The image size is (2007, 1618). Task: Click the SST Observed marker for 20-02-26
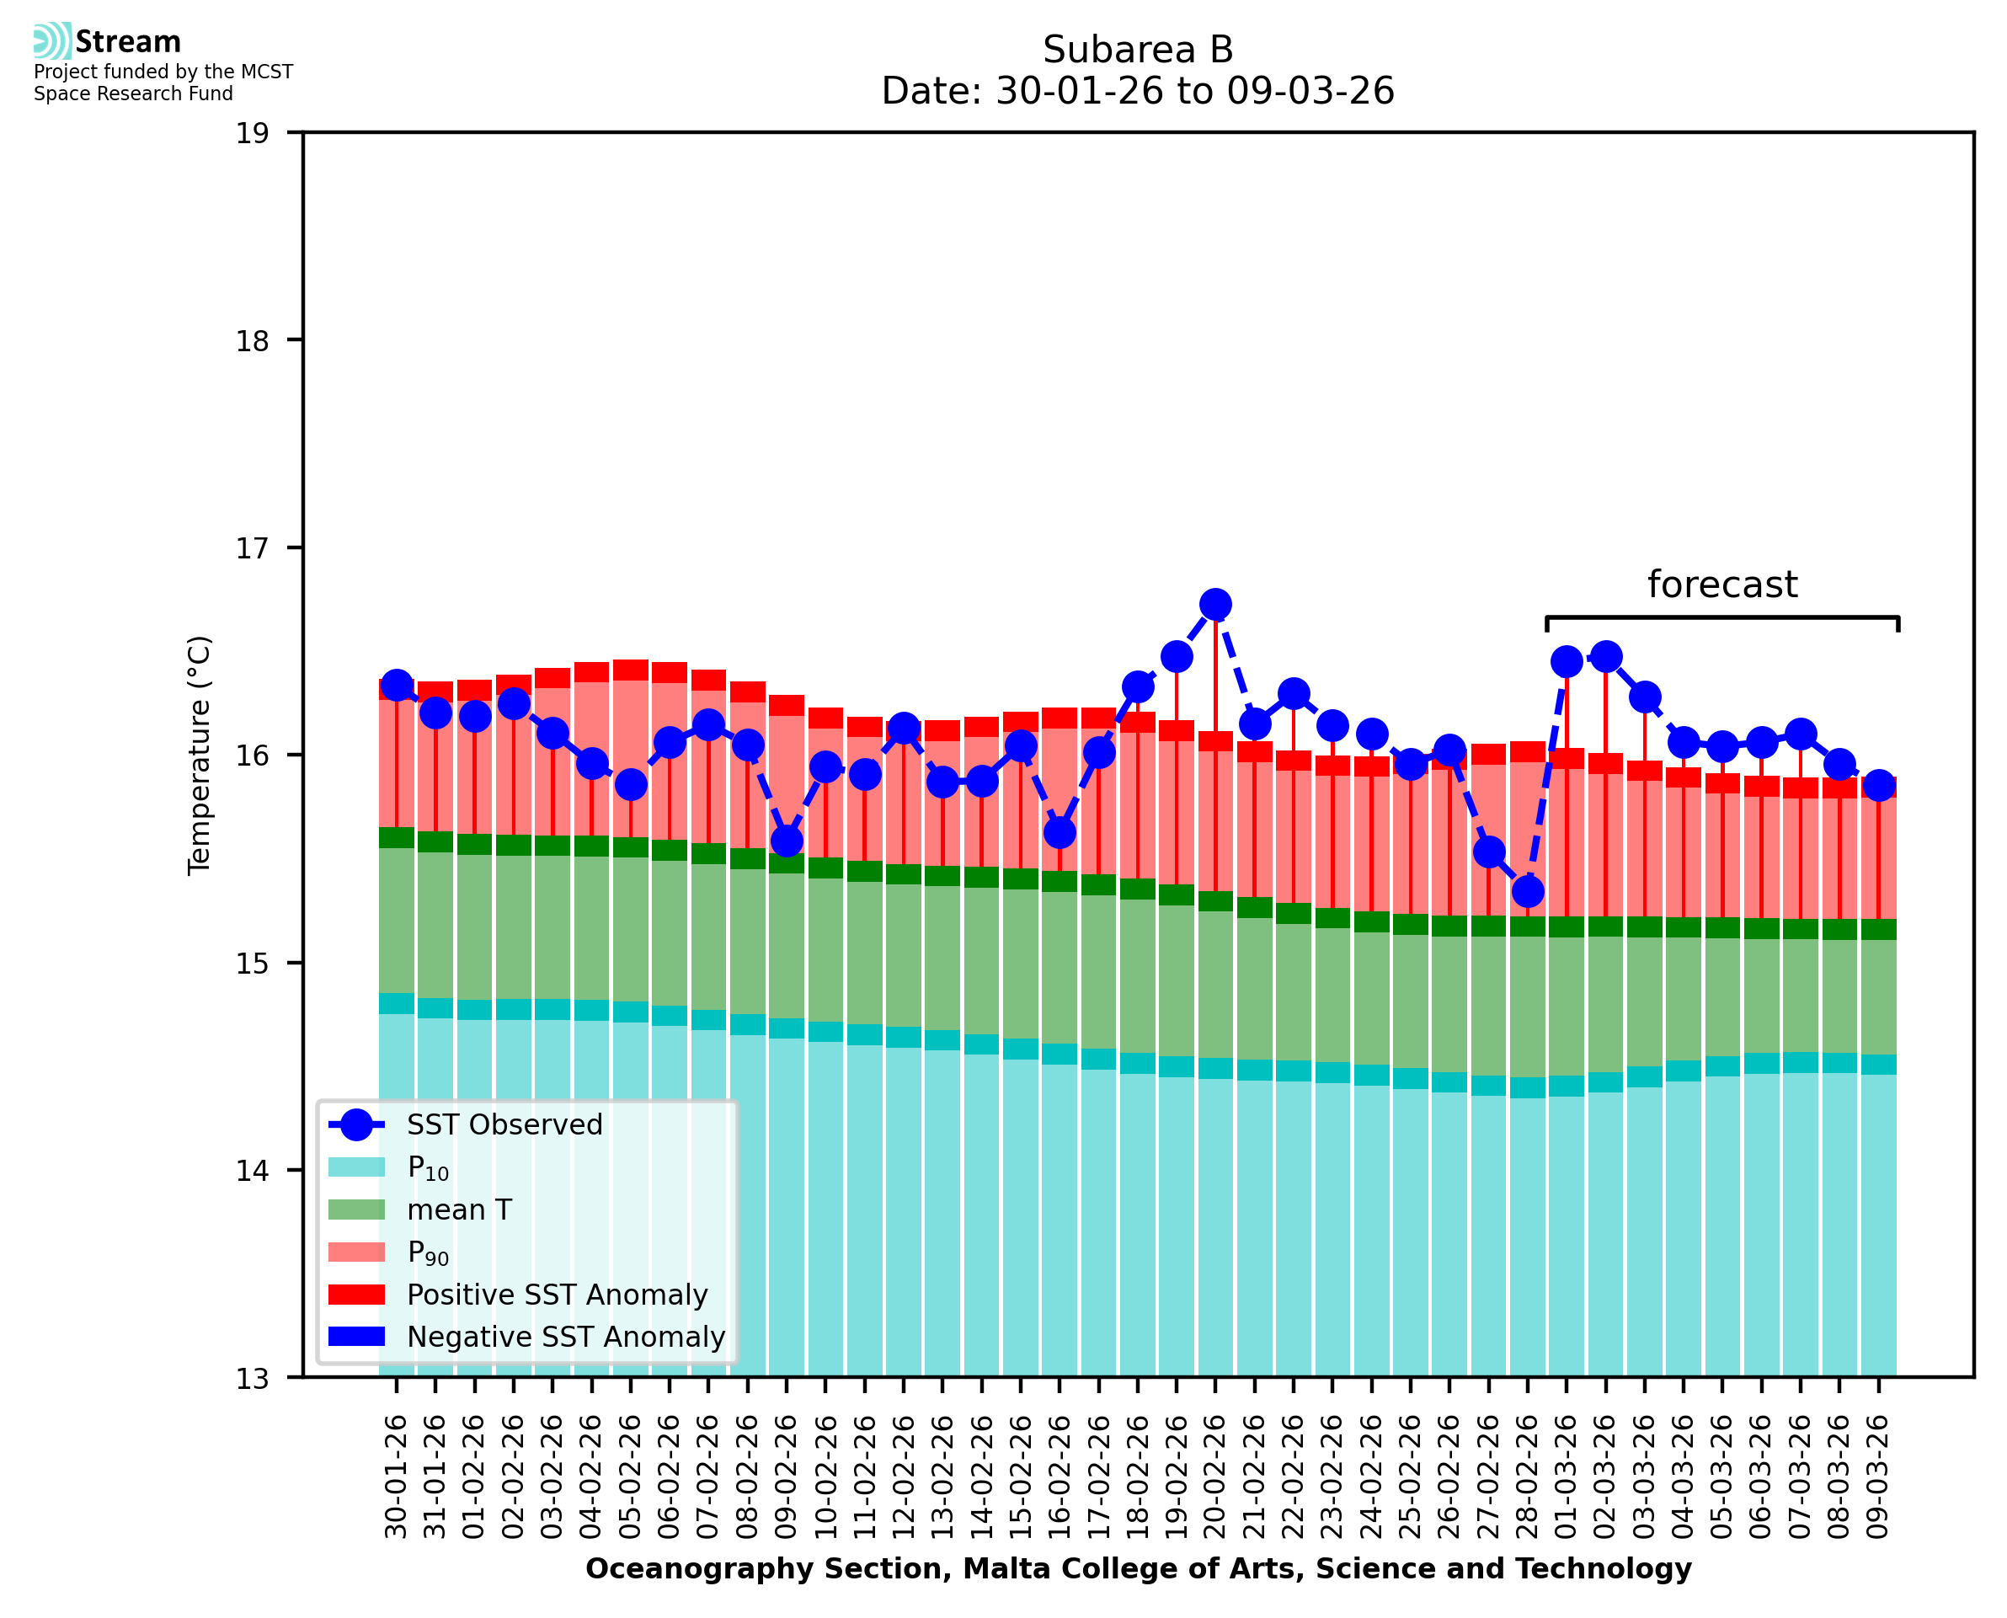[1215, 604]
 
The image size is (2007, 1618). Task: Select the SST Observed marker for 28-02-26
[1527, 892]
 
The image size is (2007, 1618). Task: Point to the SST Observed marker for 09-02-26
[787, 841]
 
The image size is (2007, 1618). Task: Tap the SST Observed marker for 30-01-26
[397, 685]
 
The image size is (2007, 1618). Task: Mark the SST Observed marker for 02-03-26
[1605, 656]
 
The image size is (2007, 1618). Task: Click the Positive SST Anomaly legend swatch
[356, 1295]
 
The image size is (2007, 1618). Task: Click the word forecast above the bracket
[1721, 585]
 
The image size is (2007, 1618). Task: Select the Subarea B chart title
[1138, 50]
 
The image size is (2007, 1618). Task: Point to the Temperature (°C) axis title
[200, 755]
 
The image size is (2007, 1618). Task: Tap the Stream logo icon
[52, 41]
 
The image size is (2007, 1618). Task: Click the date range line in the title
[1138, 91]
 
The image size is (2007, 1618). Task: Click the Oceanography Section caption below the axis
[1138, 1568]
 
